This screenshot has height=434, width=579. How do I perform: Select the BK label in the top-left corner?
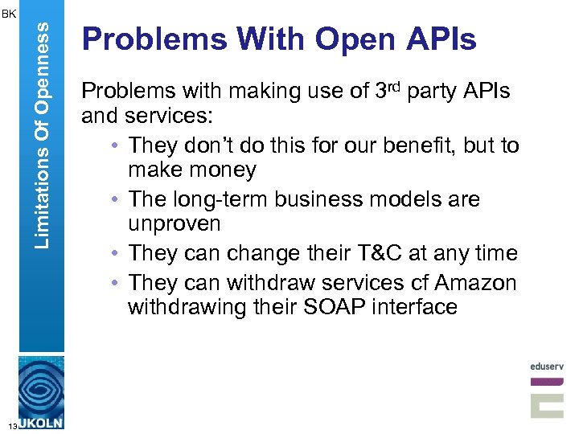coord(8,13)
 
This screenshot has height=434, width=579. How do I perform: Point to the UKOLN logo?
coord(42,394)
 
